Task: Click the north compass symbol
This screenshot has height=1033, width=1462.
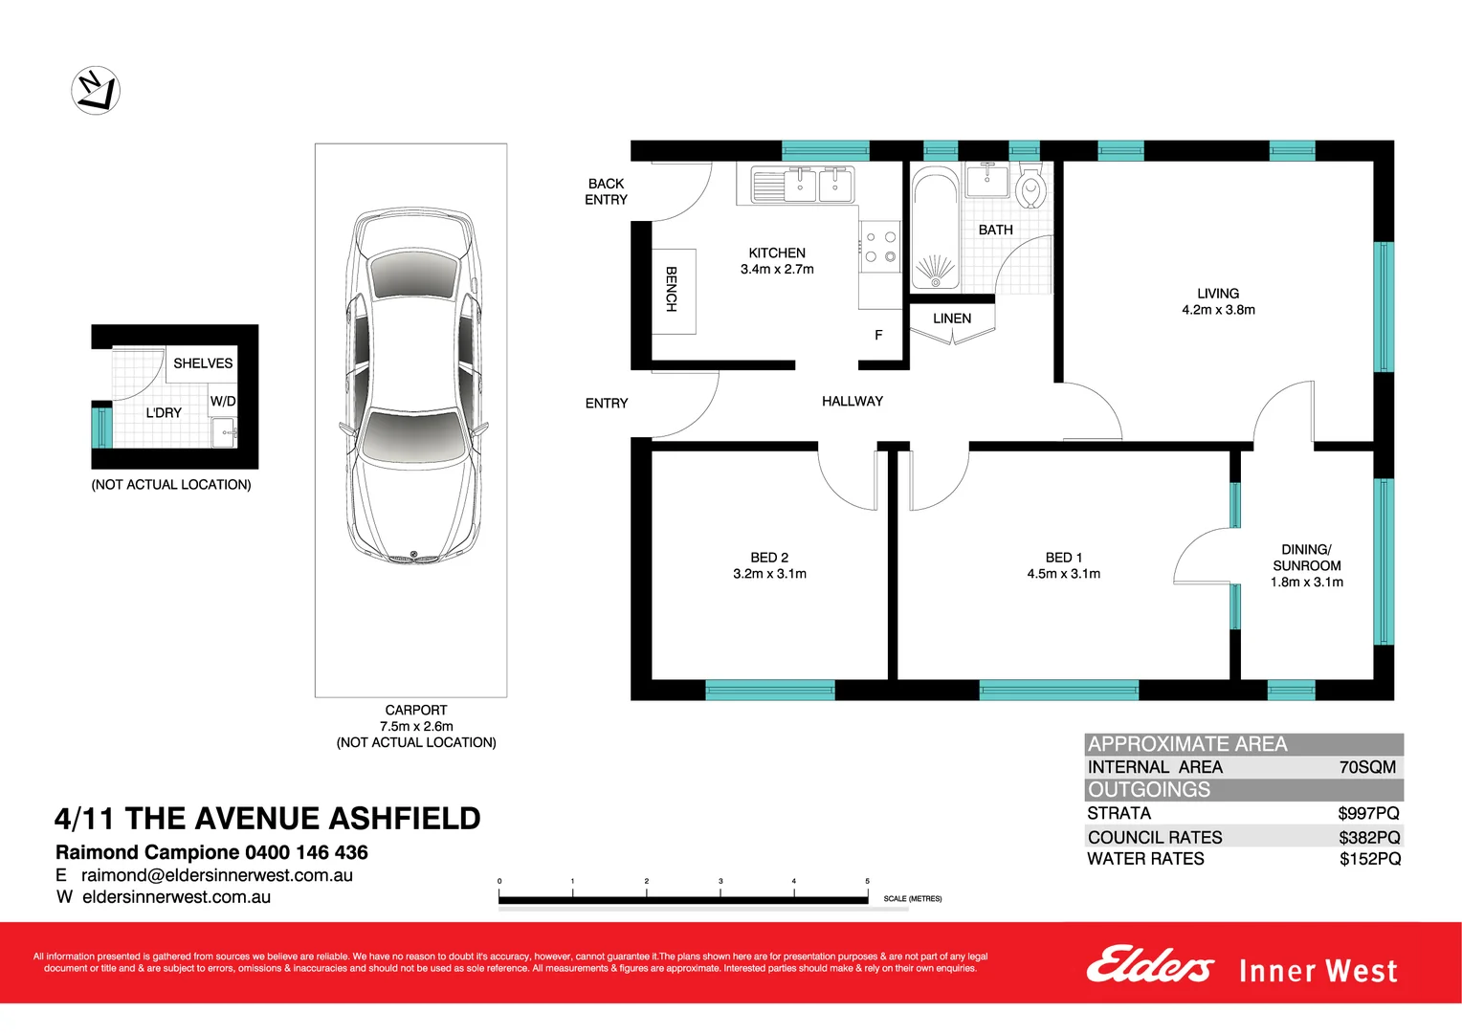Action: tap(96, 91)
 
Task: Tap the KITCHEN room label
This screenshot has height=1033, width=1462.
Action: tap(777, 253)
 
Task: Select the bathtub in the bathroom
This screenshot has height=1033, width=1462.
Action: tap(935, 228)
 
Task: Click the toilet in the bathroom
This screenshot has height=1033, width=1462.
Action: tap(1030, 187)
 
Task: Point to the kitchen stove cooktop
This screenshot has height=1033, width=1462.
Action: tap(880, 247)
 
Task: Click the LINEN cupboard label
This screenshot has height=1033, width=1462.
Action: tap(952, 319)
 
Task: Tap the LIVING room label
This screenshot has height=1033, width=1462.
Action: tap(1218, 294)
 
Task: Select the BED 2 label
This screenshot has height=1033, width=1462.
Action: tap(769, 558)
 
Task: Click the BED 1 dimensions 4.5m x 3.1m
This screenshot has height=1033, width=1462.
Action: tap(1064, 574)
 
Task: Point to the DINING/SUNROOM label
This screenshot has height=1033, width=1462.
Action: tap(1307, 558)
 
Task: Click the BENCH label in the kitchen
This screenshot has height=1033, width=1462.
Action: tap(672, 289)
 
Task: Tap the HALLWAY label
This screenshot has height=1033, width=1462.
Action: tap(853, 402)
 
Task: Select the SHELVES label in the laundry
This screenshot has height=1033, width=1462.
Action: tap(203, 363)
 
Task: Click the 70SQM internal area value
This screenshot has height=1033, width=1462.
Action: tap(1367, 767)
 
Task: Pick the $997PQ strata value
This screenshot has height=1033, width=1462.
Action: tap(1368, 813)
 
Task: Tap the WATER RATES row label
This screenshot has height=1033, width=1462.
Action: tap(1145, 859)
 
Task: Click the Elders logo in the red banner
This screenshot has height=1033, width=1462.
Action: tap(1150, 966)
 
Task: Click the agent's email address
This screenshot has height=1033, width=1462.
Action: tap(217, 875)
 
